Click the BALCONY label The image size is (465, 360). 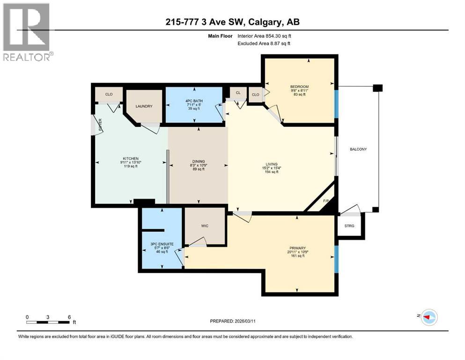coord(358,150)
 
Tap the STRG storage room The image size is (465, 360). coord(349,226)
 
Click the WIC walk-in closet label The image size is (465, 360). coord(205,226)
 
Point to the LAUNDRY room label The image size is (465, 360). coord(144,106)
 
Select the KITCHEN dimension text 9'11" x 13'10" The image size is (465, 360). coord(130,162)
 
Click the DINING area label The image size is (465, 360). coord(198,162)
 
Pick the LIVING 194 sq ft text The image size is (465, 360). coord(271,172)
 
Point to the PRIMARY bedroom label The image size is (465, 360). coord(297,248)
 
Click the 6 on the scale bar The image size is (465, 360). coord(69,317)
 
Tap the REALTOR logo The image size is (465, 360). coord(27,33)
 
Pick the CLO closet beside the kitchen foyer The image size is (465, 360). coord(109,94)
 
